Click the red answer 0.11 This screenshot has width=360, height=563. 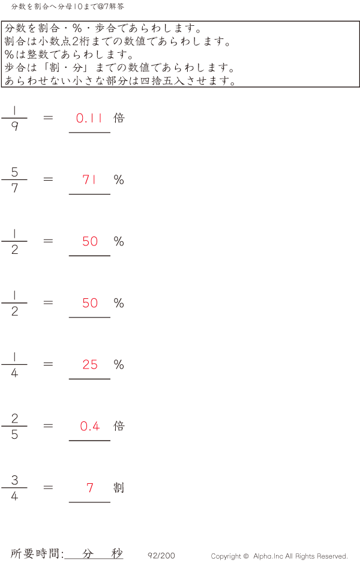pos(89,118)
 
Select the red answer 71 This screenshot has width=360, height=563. pos(89,179)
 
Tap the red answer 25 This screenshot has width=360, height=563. pos(90,364)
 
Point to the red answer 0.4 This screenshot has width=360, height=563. pos(90,426)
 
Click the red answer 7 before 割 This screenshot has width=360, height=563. pos(90,488)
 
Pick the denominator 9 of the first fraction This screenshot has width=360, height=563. pos(14,127)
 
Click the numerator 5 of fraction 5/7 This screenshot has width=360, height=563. pos(14,172)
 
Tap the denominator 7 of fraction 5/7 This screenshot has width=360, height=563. pos(14,188)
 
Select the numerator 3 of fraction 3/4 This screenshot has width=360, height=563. pos(14,480)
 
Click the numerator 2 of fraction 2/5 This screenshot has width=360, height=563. pos(14,419)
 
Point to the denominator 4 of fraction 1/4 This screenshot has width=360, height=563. pos(14,373)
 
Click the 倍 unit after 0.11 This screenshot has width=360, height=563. pos(119,118)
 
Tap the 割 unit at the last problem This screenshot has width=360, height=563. pos(119,487)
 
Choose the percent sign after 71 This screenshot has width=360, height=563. pos(119,179)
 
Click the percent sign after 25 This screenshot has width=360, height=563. pos(119,364)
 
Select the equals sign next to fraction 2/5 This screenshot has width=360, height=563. pos(48,426)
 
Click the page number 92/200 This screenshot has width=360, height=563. pos(161,556)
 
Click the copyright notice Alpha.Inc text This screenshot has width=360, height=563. pos(279,556)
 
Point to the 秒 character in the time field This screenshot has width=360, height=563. pos(116,553)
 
